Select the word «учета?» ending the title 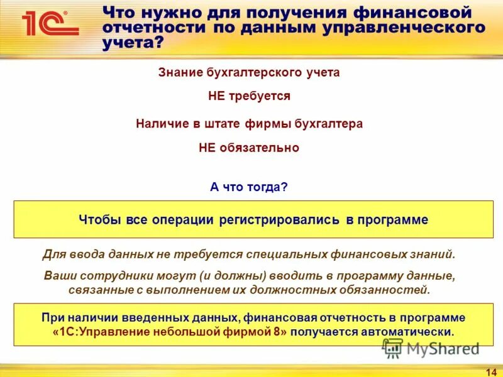point(133,43)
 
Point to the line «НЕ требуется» point(249,96)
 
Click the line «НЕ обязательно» point(249,148)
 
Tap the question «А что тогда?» point(248,187)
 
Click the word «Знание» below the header point(180,72)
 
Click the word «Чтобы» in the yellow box point(98,220)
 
